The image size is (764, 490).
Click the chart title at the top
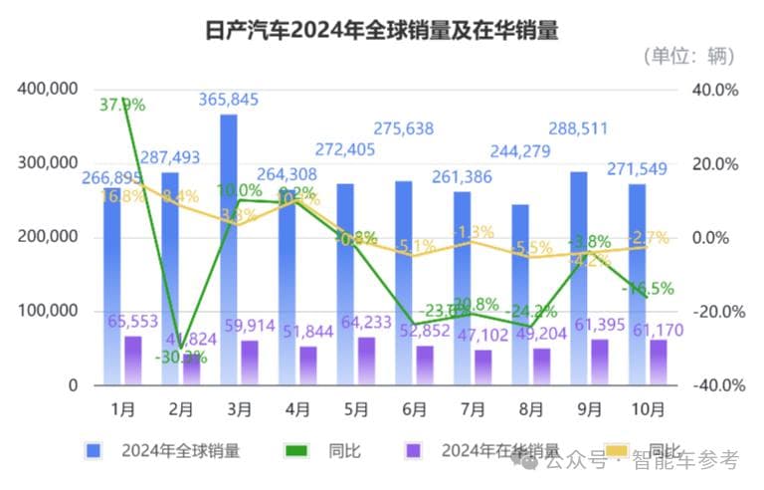pyautogui.click(x=381, y=31)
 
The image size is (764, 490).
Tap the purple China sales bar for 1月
pyautogui.click(x=132, y=360)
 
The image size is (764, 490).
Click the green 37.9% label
pyautogui.click(x=122, y=104)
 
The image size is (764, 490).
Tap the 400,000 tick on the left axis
pyautogui.click(x=49, y=90)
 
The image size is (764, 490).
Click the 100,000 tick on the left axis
pyautogui.click(x=49, y=311)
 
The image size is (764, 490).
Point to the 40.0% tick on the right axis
pyautogui.click(x=715, y=90)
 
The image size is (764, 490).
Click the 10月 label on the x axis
pyautogui.click(x=636, y=408)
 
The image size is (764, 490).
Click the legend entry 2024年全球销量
pyautogui.click(x=180, y=451)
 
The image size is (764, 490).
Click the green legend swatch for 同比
pyautogui.click(x=295, y=451)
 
